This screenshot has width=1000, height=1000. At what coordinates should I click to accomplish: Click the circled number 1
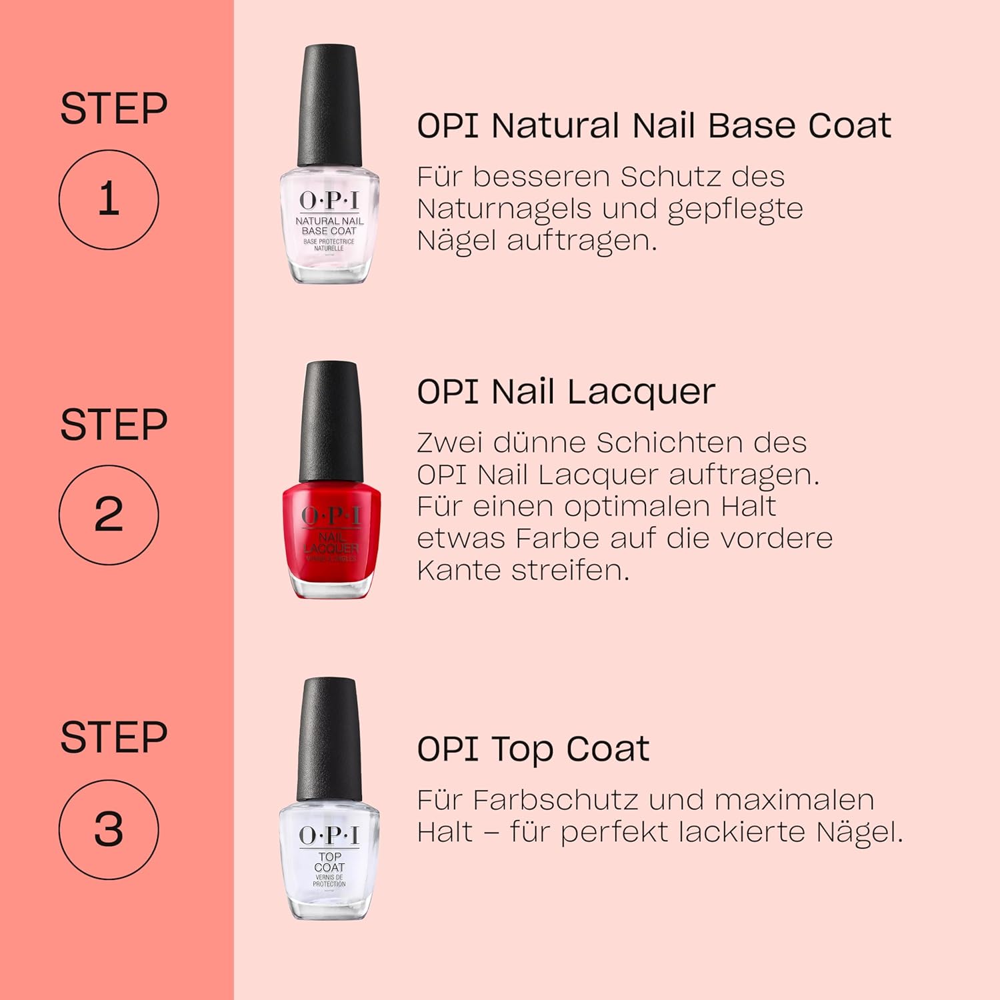(x=109, y=199)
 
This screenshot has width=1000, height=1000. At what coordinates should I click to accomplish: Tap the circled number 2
(x=109, y=515)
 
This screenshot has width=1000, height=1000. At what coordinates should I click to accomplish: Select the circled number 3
(x=109, y=829)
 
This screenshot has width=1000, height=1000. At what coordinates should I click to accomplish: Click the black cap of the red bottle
(x=331, y=420)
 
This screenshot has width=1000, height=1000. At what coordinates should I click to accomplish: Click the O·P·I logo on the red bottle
(x=331, y=515)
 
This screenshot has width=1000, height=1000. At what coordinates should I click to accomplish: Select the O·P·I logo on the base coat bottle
(x=329, y=200)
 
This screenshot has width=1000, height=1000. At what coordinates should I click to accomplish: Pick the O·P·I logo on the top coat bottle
(x=329, y=835)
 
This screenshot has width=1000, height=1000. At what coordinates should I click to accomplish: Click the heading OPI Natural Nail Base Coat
(x=654, y=125)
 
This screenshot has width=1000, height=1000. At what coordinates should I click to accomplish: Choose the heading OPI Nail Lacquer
(x=566, y=391)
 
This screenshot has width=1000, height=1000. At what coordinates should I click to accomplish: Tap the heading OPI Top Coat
(x=533, y=749)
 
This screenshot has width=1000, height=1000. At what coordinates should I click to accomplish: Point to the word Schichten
(x=668, y=442)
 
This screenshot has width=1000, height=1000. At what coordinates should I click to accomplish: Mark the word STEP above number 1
(x=113, y=109)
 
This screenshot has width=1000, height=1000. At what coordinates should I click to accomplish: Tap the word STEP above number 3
(x=113, y=737)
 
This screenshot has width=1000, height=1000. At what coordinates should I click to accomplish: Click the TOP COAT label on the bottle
(x=329, y=861)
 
